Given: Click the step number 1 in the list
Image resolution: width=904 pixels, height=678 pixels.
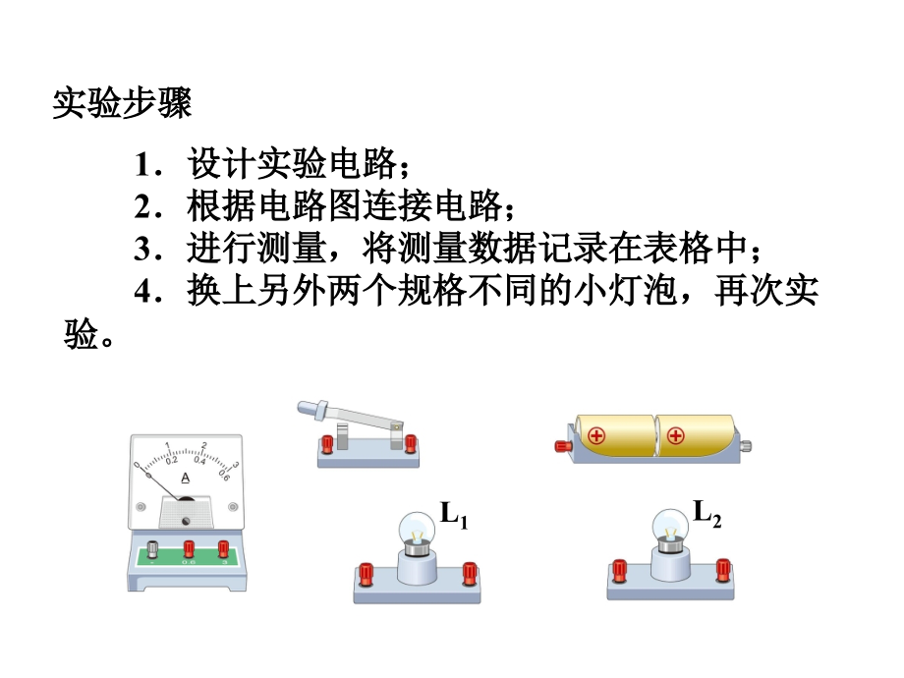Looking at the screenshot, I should (x=143, y=163).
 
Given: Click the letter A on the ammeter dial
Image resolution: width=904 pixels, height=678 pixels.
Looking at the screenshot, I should (x=186, y=479).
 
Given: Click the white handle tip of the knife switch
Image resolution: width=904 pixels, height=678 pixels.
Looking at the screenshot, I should (x=306, y=408).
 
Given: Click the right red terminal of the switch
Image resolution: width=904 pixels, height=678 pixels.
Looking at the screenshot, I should (x=409, y=444).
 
